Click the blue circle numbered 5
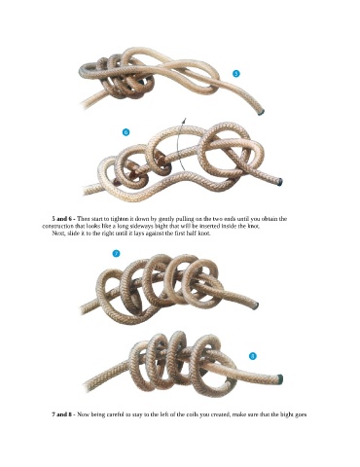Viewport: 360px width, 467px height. click(236, 74)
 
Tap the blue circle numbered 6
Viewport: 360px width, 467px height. click(126, 132)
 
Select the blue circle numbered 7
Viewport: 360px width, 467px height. click(116, 254)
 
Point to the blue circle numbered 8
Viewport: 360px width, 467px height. click(253, 356)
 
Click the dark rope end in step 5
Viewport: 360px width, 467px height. click(261, 112)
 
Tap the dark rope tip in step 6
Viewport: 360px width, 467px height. click(280, 182)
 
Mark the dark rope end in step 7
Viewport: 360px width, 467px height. click(256, 305)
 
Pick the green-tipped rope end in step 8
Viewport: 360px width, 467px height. click(280, 378)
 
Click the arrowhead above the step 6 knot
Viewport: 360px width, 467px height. click(184, 121)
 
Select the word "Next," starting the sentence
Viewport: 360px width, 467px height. click(58, 233)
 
